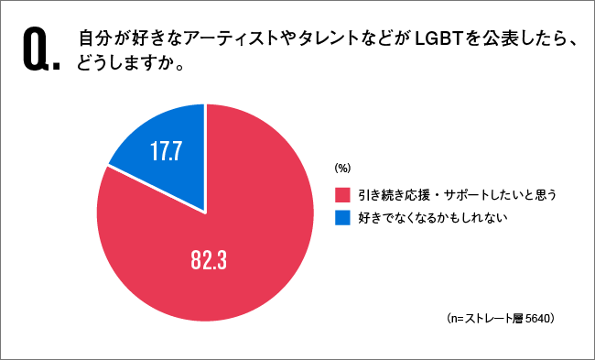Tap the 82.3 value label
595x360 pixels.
(208, 261)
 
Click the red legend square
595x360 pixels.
(342, 194)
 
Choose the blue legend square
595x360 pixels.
(342, 218)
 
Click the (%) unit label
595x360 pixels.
(342, 168)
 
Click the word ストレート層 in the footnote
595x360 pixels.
(490, 319)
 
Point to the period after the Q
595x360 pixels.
(59, 67)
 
